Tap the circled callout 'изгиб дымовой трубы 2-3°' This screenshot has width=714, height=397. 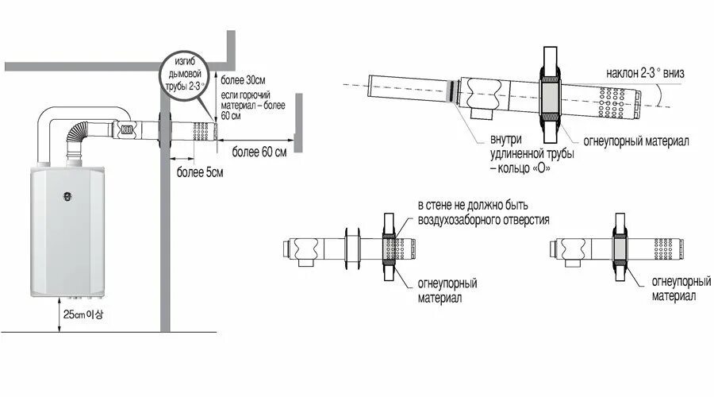[x=186, y=72]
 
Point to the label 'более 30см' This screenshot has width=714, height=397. [x=244, y=81]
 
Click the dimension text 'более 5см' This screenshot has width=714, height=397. [x=199, y=172]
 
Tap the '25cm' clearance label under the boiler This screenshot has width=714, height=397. [x=83, y=314]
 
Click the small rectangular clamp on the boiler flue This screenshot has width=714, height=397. [x=125, y=126]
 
